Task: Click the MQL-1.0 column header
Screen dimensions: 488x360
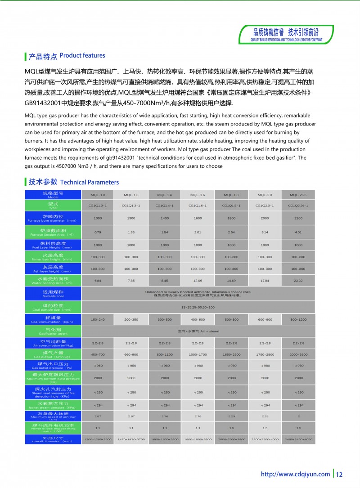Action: [x=98, y=195]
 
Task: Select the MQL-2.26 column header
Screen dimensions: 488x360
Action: [x=298, y=195]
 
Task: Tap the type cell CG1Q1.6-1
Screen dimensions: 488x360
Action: [x=198, y=206]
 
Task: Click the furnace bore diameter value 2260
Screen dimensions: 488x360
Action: [x=298, y=218]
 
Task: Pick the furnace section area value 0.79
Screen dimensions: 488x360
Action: [x=98, y=232]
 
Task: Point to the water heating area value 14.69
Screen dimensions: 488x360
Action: [x=231, y=281]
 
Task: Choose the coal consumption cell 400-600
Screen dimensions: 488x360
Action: [x=198, y=319]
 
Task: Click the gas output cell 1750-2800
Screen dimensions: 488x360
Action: [x=265, y=354]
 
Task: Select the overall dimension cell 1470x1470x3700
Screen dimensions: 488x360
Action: [x=131, y=439]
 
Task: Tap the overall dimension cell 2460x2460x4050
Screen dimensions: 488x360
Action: [x=298, y=439]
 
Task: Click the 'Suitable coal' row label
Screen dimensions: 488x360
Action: [x=53, y=294]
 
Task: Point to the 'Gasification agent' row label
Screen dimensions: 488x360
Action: [x=53, y=331]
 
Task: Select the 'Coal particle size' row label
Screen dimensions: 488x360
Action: [x=53, y=308]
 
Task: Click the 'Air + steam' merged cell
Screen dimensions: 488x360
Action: [x=198, y=331]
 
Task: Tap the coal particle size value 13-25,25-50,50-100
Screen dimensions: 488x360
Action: [x=198, y=308]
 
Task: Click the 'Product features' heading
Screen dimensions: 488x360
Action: [x=67, y=56]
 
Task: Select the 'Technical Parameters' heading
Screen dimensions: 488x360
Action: [x=73, y=182]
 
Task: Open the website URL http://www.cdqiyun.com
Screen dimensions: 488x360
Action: [x=295, y=474]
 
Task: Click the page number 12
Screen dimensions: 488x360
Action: [x=339, y=474]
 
